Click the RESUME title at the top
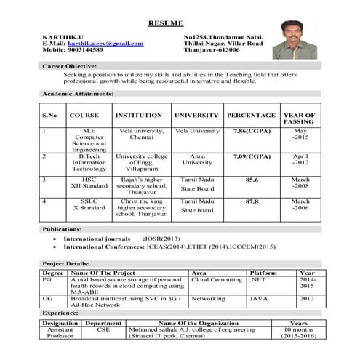[166, 23]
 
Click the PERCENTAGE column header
[251, 115]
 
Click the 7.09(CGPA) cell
[251, 156]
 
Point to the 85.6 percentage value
[252, 179]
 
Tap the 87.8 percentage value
[252, 201]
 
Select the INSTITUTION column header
[139, 115]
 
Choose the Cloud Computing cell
[217, 279]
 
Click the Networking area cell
[209, 298]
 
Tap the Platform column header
[263, 272]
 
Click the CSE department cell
[103, 329]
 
